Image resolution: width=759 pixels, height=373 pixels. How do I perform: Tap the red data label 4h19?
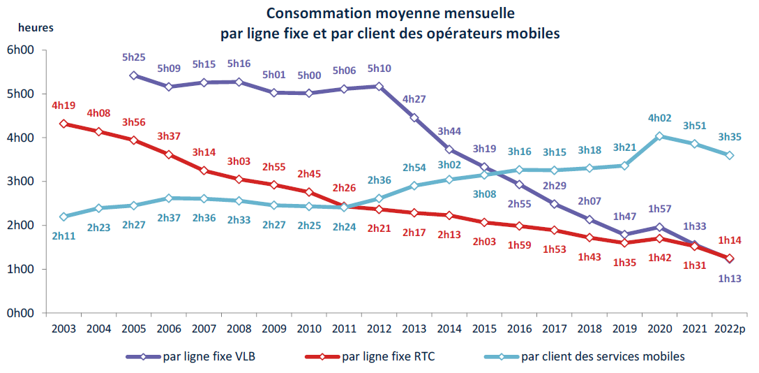click(63, 106)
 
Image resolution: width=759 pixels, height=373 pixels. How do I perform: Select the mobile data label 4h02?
click(659, 118)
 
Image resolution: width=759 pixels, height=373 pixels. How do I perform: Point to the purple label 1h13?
click(729, 279)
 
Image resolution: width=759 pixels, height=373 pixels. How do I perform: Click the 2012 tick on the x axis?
click(378, 328)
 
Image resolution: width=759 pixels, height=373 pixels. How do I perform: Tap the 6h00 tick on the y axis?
click(20, 50)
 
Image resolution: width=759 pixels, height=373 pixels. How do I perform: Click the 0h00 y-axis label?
click(20, 313)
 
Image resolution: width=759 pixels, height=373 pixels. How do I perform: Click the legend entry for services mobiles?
click(604, 356)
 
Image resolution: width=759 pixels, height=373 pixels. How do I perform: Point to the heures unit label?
click(35, 28)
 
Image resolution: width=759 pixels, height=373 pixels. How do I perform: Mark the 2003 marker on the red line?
click(63, 124)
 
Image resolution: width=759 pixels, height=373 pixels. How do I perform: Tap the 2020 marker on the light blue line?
click(659, 136)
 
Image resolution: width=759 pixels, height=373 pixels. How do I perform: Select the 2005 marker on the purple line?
click(134, 75)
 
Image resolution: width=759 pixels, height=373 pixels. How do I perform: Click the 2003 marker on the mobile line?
click(63, 217)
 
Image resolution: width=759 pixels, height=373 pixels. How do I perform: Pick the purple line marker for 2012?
click(378, 86)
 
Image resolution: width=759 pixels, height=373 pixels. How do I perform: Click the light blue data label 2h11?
click(63, 236)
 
